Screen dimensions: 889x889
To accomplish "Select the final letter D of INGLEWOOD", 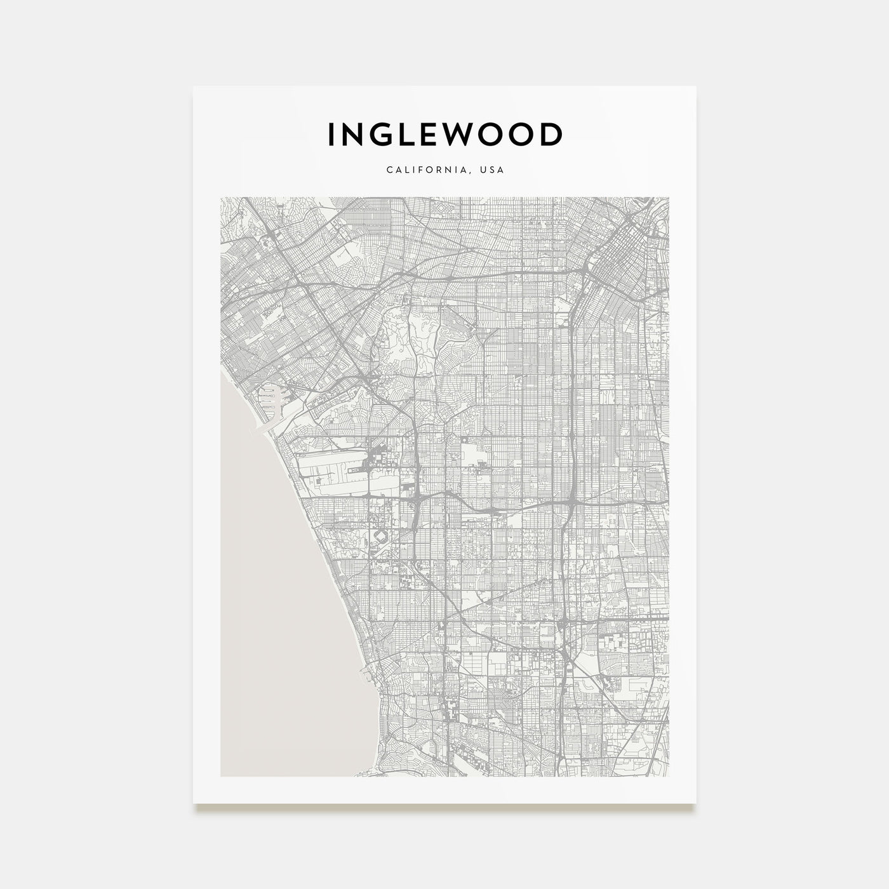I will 551,135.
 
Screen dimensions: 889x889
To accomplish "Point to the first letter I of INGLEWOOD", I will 331,135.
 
